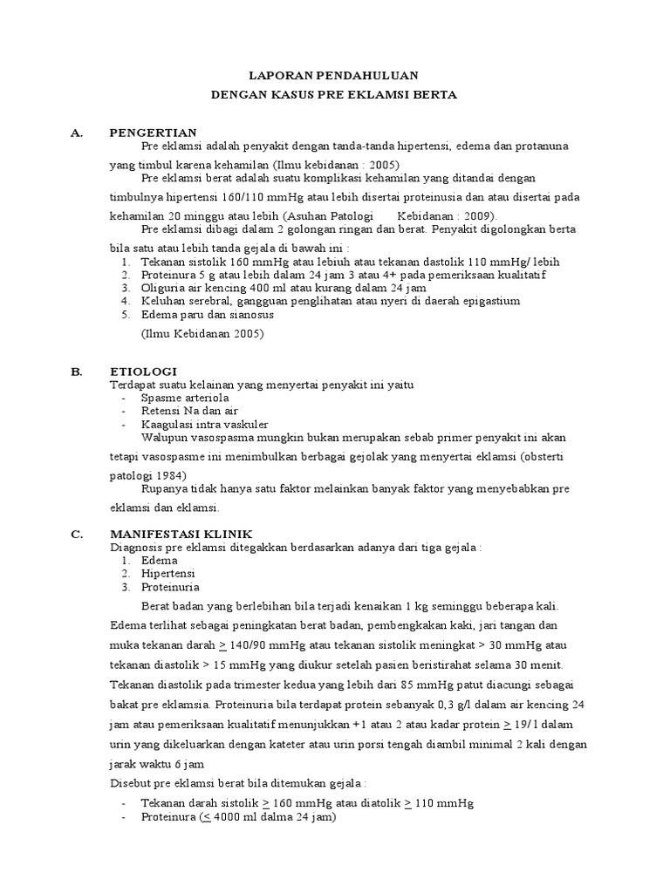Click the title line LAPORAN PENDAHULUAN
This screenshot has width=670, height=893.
pos(334,76)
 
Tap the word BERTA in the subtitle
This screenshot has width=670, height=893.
pos(435,95)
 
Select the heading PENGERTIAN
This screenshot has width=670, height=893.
pos(153,132)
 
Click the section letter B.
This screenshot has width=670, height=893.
pos(76,371)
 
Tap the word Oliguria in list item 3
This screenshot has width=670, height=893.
pos(163,287)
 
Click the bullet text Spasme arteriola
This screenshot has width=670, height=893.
pos(185,398)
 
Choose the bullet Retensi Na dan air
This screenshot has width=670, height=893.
pos(189,411)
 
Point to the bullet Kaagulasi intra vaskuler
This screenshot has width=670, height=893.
pos(199,423)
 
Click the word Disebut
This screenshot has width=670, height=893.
pos(132,783)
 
